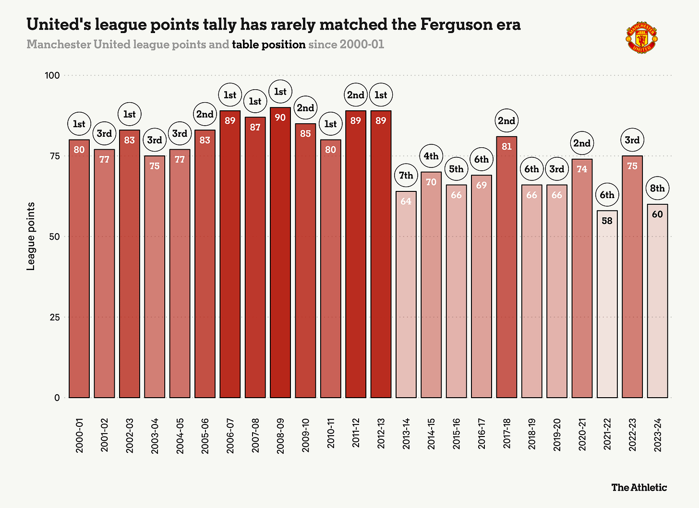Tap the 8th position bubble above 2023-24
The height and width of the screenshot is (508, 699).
657,189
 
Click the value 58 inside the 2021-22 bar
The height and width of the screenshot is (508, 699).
607,221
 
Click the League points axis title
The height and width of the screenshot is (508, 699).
31,236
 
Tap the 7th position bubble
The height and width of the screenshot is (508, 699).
406,176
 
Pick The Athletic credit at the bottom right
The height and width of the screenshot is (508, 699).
639,487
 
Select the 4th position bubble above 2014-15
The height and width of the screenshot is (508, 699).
431,156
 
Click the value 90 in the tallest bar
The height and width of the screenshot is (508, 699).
280,117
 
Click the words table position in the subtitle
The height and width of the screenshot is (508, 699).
268,45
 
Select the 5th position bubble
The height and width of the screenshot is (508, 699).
456,169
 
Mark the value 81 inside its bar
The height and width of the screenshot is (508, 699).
506,146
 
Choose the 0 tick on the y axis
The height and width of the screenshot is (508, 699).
57,398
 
